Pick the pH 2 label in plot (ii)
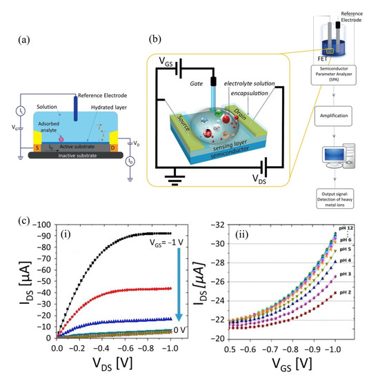click(x=355, y=294)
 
